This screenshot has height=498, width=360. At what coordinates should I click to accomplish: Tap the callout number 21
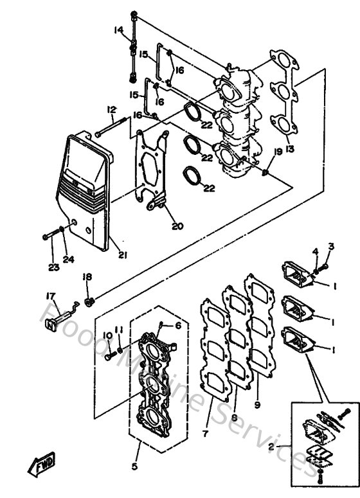122,255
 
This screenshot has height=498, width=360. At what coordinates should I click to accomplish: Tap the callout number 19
278,151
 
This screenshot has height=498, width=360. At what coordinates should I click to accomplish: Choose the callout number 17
49,296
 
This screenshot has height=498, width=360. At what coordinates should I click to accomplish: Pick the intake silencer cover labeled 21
87,193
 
